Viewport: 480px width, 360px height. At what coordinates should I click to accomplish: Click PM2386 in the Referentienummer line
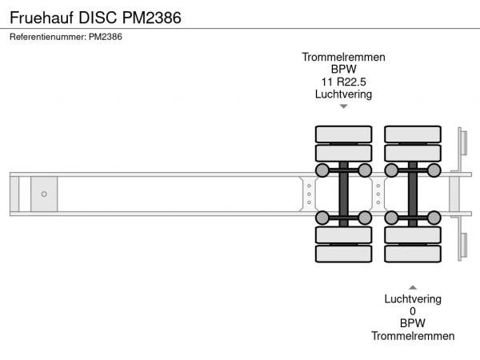coord(105,36)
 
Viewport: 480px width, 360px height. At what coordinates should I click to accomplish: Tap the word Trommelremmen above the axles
coord(343,57)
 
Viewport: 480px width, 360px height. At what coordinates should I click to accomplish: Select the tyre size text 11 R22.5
coord(343,82)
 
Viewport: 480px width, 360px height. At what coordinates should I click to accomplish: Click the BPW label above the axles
coord(343,70)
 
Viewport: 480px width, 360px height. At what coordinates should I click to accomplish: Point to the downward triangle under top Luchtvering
coord(343,106)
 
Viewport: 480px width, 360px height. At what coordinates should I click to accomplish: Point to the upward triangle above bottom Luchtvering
coord(413,286)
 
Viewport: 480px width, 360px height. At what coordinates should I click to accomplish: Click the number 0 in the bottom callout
coord(413,311)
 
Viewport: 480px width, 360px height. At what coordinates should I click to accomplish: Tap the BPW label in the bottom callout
coord(413,323)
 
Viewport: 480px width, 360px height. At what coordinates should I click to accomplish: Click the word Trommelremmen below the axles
coord(413,336)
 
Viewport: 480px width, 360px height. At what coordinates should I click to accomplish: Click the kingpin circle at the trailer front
coord(44,194)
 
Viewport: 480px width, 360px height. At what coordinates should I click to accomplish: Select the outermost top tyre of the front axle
coord(343,133)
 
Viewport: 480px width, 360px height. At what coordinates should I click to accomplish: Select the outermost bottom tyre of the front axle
coord(343,254)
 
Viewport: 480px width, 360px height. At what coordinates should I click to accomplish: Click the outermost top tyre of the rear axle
coord(413,133)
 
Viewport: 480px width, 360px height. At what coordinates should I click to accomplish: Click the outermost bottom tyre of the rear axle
coord(413,254)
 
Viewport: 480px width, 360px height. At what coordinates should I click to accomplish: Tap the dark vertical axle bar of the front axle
coord(343,194)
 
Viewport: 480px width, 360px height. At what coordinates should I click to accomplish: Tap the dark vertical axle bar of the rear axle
coord(413,194)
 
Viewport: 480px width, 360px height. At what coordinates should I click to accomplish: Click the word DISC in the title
coord(95,17)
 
